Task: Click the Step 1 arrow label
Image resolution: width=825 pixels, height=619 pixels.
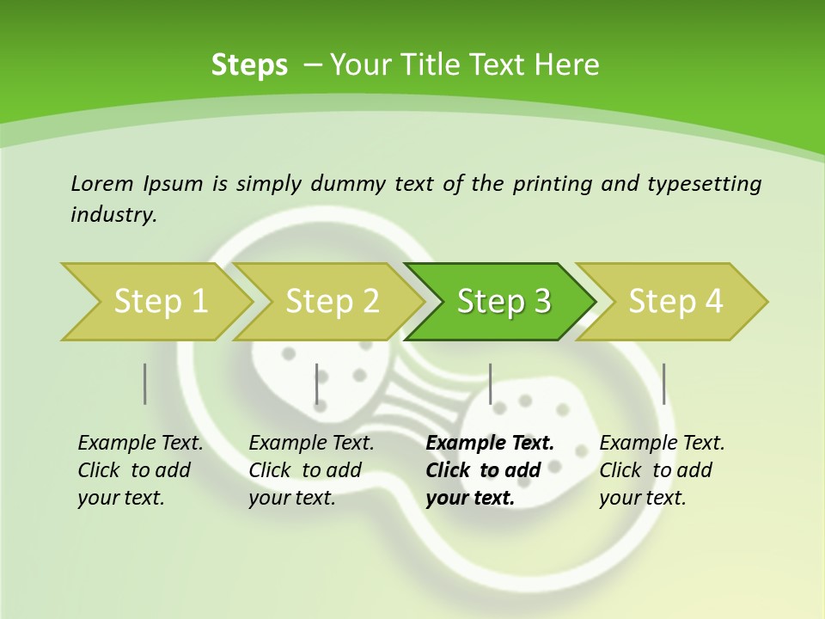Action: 161,301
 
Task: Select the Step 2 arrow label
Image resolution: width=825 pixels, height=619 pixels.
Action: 333,301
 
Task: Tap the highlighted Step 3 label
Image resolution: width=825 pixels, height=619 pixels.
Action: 504,301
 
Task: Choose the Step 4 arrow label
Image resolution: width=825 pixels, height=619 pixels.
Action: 675,301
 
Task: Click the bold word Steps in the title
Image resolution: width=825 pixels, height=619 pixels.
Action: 249,64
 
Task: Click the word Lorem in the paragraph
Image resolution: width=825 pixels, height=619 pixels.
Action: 101,183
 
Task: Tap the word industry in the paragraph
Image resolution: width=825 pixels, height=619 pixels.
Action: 113,214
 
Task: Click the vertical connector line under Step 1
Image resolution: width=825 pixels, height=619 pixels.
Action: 145,383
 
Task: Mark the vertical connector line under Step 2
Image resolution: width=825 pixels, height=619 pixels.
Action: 317,383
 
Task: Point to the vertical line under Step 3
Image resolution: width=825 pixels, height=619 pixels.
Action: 490,383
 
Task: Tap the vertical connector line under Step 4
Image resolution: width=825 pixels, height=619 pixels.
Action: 663,383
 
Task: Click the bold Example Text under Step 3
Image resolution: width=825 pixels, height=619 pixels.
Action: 490,443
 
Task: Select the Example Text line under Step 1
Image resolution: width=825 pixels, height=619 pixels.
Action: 140,443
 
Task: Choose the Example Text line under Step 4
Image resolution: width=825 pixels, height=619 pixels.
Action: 662,443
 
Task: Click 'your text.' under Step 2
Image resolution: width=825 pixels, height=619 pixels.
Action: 291,498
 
